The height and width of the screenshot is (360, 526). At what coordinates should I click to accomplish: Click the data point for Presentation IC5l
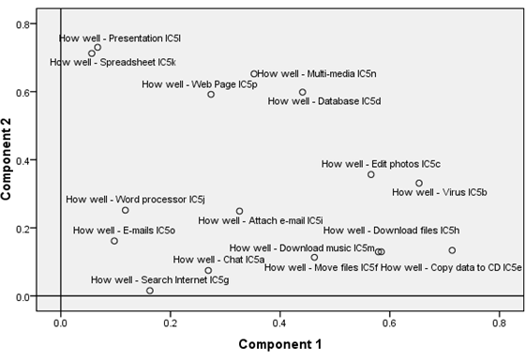98,47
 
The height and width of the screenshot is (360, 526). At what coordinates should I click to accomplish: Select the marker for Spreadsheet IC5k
92,53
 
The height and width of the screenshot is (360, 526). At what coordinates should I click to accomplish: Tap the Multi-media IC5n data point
254,74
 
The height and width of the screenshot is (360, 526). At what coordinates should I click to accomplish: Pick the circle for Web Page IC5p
211,95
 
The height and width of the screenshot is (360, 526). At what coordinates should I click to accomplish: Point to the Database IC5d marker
302,92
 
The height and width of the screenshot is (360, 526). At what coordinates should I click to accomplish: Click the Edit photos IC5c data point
370,174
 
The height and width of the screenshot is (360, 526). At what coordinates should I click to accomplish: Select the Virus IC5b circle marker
419,183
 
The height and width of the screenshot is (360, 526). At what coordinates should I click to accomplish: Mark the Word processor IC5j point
125,210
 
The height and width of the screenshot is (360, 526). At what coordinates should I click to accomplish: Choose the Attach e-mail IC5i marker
239,211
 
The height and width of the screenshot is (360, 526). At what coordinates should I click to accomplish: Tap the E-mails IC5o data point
114,241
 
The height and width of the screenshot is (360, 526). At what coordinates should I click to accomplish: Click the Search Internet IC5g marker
150,291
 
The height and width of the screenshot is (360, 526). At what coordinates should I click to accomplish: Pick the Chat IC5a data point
208,270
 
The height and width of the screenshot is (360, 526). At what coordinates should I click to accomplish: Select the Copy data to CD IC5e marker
452,250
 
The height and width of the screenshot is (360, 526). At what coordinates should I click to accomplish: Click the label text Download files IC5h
391,231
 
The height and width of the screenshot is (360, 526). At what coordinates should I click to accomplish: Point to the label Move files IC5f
321,267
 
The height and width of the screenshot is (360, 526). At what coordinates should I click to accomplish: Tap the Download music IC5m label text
302,247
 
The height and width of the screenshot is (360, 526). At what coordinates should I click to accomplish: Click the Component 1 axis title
280,344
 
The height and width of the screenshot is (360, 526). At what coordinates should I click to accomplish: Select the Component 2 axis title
6,159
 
